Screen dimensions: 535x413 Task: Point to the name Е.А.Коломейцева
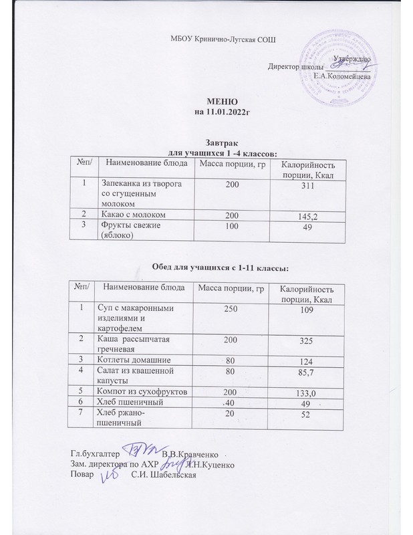[342, 78]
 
